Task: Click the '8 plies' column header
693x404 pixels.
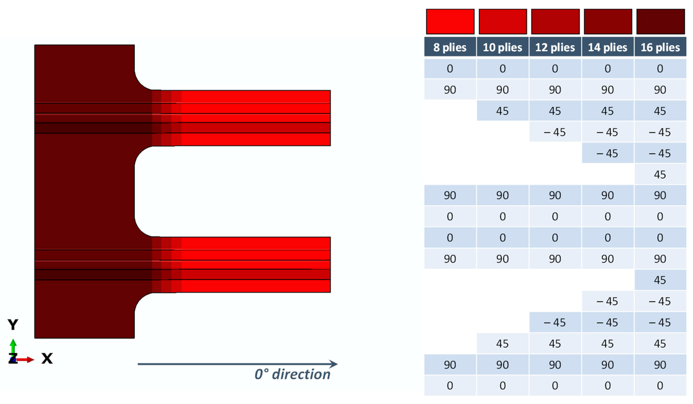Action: coord(450,47)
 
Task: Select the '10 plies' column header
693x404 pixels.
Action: coord(502,47)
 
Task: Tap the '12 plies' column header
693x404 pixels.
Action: coord(555,47)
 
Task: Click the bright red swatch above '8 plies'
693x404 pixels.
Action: coord(450,21)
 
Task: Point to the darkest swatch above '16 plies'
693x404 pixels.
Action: coord(661,21)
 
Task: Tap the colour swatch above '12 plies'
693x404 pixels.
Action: coord(555,21)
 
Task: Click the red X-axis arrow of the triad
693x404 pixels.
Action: coord(25,360)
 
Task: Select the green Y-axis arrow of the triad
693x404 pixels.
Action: coord(13,347)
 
